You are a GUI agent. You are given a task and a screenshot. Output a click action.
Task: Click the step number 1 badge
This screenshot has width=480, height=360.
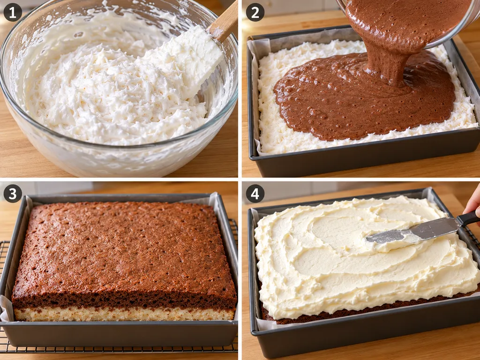[13, 12]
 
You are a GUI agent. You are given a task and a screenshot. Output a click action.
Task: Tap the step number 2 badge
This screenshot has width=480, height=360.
[255, 12]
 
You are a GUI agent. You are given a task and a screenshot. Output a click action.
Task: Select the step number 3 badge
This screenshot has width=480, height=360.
[13, 194]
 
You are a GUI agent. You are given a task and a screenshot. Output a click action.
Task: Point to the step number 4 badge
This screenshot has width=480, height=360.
[255, 194]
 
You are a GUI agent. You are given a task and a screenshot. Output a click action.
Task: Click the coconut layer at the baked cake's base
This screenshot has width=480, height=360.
[124, 314]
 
